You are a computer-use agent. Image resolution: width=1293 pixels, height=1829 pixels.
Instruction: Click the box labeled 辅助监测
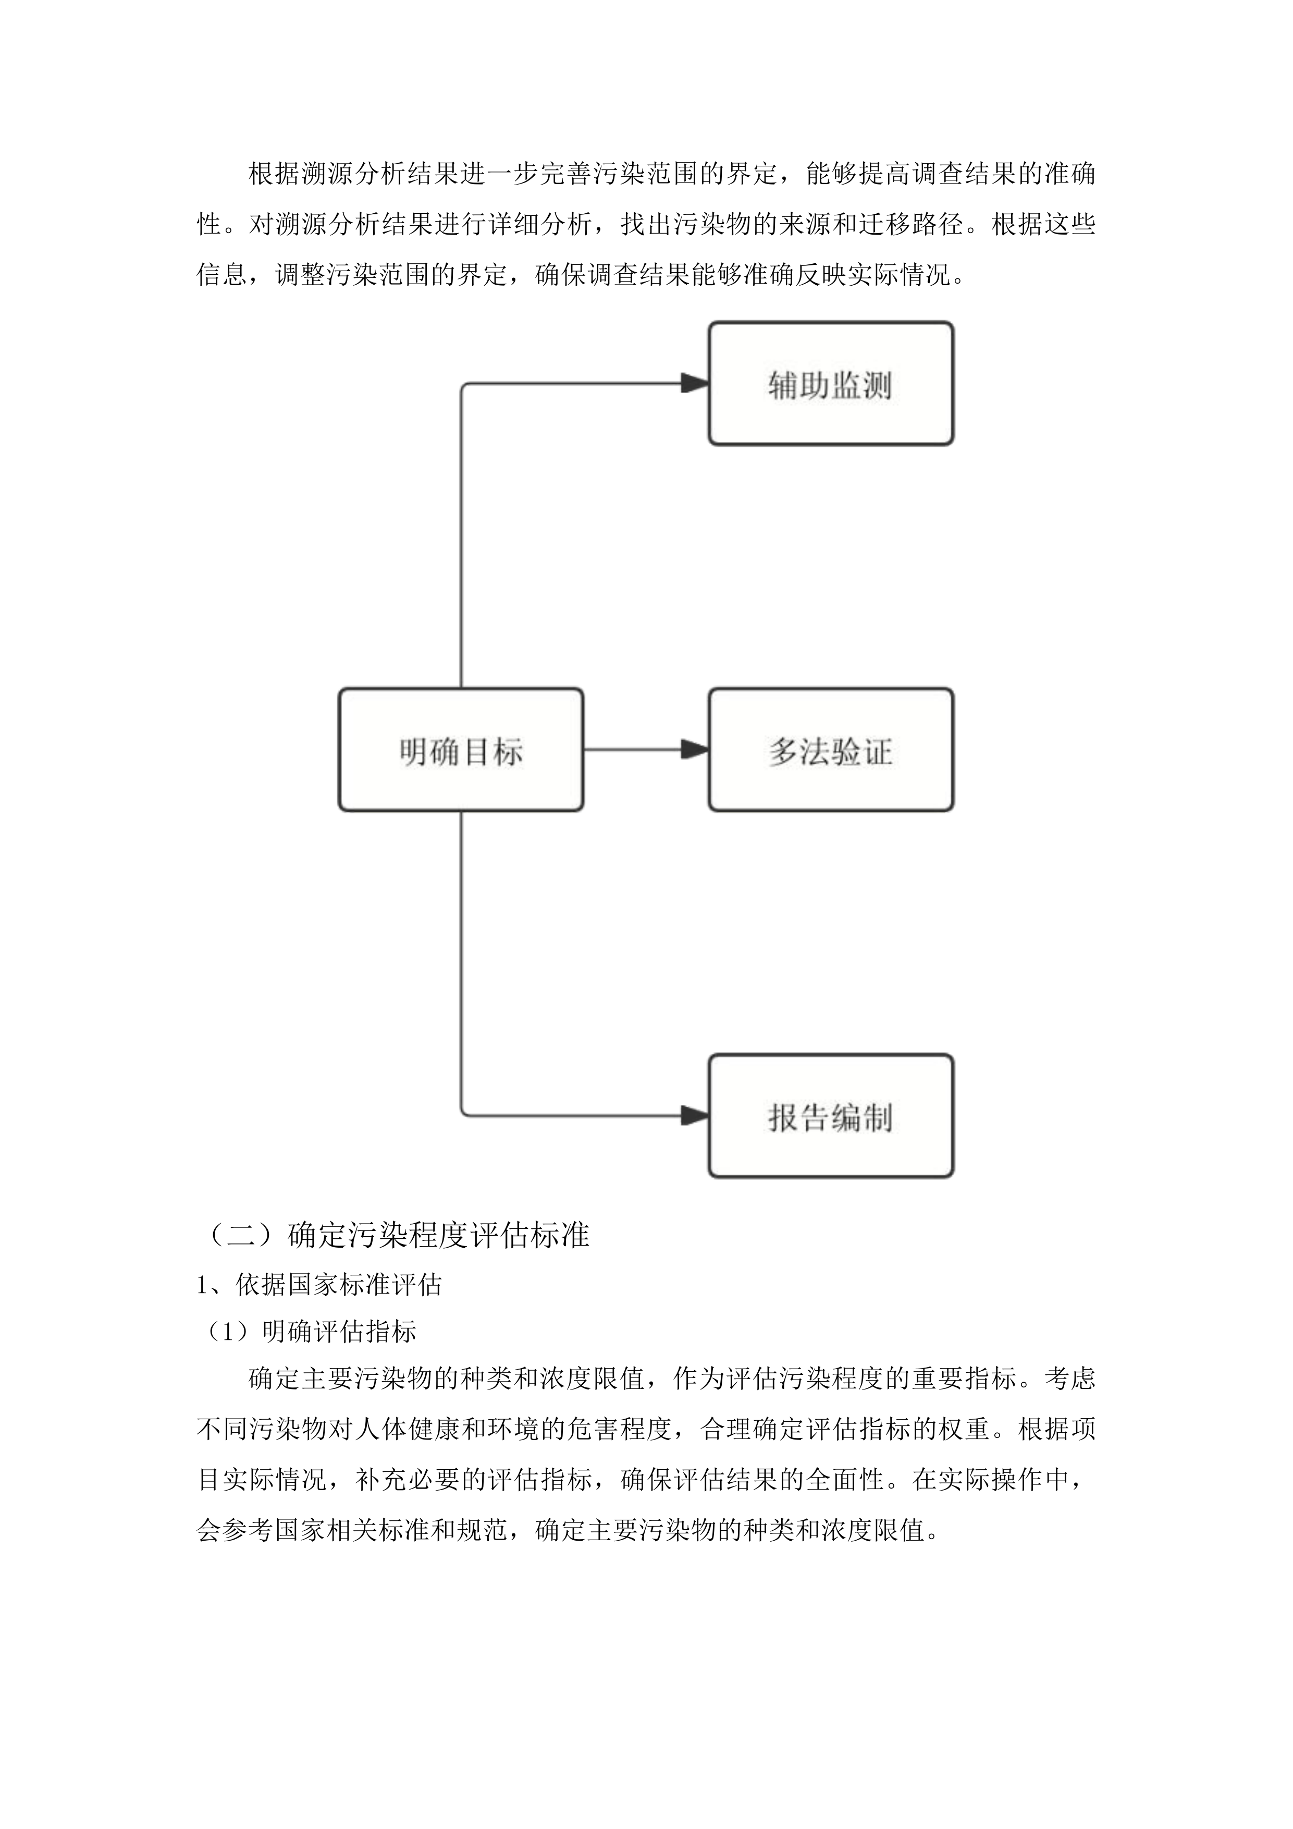(x=830, y=384)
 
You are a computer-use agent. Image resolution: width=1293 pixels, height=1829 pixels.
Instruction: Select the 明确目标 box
(x=461, y=750)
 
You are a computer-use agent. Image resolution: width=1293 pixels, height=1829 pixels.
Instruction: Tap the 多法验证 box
(x=830, y=750)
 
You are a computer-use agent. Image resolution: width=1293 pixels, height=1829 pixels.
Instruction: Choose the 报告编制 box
(x=830, y=1116)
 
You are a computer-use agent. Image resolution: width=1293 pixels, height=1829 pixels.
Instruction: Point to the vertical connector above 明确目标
(x=462, y=542)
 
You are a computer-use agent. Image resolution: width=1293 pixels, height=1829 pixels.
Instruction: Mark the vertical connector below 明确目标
(x=462, y=956)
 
